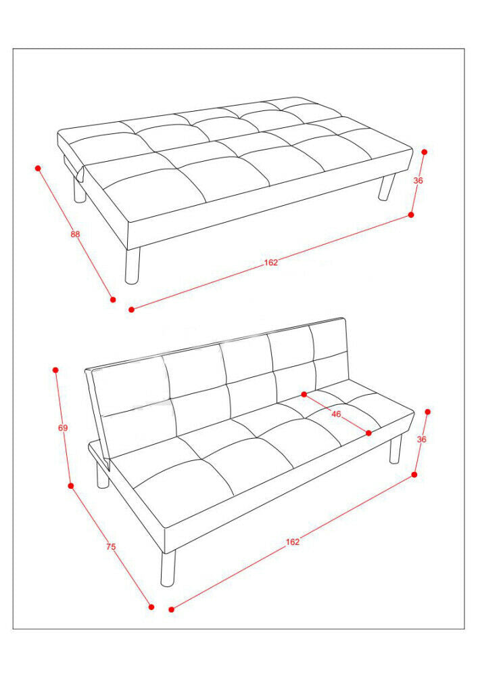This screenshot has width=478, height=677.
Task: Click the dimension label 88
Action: click(x=76, y=234)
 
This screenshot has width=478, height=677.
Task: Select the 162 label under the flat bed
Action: click(x=271, y=262)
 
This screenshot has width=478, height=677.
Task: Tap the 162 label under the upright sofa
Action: click(x=293, y=542)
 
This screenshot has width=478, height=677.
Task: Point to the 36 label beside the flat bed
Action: click(x=418, y=181)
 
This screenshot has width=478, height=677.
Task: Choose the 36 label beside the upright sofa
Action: click(x=421, y=439)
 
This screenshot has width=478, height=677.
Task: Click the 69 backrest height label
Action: click(x=63, y=428)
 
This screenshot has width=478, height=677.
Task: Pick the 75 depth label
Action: click(x=111, y=546)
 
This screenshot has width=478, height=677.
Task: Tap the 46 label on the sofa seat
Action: click(x=336, y=414)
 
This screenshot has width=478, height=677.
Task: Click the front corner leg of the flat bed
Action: click(x=133, y=265)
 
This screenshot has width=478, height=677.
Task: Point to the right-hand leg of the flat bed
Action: click(x=387, y=187)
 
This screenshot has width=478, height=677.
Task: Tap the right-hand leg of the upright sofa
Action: click(x=396, y=449)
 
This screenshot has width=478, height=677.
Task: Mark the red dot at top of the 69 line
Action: click(x=55, y=370)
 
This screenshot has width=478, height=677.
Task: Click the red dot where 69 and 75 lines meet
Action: click(x=71, y=485)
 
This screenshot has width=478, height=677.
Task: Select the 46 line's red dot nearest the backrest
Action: click(x=304, y=394)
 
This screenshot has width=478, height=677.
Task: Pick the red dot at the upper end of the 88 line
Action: click(x=38, y=168)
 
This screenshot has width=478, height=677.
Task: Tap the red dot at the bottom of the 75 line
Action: click(x=151, y=607)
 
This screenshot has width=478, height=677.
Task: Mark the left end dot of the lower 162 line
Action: click(x=172, y=610)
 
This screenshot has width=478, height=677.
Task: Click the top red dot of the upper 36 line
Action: click(x=425, y=152)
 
